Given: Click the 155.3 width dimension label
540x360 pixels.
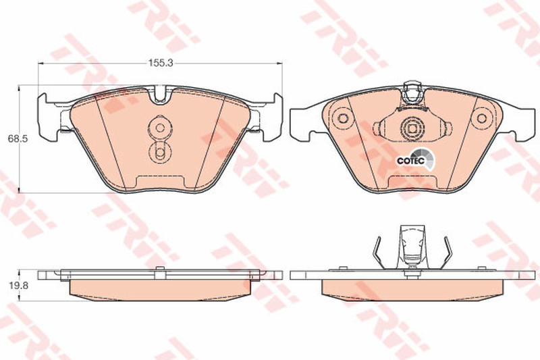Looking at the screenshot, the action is [160, 63].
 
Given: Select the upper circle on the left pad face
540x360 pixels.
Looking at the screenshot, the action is [160, 128].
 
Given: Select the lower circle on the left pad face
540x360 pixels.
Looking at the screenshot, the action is [159, 151].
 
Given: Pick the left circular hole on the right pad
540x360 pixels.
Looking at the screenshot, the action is [343, 118].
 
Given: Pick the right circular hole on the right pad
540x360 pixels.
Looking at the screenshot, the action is [481, 118].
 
